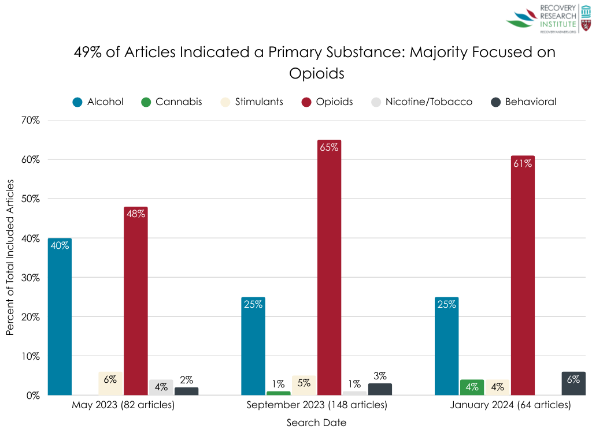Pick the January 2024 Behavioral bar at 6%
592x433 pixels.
tap(573, 383)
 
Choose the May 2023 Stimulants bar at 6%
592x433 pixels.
tap(110, 383)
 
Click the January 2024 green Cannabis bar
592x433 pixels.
tap(472, 387)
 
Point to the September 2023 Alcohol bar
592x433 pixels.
tap(253, 346)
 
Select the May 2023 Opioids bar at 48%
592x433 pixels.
tap(135, 301)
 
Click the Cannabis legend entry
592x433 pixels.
tap(172, 102)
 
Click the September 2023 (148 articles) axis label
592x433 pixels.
tap(317, 405)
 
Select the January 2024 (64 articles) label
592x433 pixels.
tap(510, 405)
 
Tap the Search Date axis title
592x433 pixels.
tap(317, 423)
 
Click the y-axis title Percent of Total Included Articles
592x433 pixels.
tap(10, 256)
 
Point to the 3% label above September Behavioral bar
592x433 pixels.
tap(380, 376)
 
